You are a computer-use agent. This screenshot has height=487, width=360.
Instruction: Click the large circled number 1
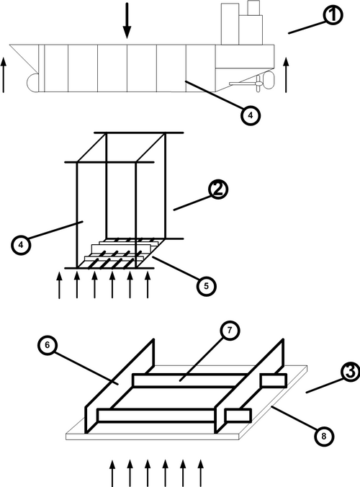(x=333, y=15)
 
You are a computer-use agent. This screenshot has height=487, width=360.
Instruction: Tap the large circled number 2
(x=218, y=189)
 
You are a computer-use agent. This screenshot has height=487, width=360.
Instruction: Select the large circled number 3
(x=351, y=372)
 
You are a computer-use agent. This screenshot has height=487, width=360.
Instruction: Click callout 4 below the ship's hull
(x=251, y=115)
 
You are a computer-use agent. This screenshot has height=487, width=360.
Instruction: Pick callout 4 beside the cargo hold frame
(x=21, y=245)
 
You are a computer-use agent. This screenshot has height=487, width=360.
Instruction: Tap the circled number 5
(x=207, y=286)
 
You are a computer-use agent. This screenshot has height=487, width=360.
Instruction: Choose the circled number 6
(x=48, y=345)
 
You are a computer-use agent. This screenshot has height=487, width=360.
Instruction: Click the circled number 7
(x=230, y=331)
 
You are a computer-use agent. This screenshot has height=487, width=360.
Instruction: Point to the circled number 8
(x=324, y=436)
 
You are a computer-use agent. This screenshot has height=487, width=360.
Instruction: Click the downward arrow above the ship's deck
(x=127, y=20)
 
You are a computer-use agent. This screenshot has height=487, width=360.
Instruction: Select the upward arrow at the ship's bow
(x=4, y=74)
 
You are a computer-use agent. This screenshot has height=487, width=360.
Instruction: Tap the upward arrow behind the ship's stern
(x=286, y=74)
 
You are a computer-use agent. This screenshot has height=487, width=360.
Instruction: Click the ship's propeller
(x=258, y=84)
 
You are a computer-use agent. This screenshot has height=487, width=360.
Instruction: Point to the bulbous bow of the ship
(x=32, y=83)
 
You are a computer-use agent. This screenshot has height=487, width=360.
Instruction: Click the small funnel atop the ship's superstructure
(x=253, y=8)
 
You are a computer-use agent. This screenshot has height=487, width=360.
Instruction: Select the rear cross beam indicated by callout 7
(x=189, y=380)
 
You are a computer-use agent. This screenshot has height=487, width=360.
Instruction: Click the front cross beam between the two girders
(x=156, y=416)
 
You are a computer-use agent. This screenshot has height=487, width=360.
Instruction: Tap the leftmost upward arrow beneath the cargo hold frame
(x=59, y=285)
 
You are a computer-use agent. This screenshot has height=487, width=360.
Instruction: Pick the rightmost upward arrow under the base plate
(x=201, y=473)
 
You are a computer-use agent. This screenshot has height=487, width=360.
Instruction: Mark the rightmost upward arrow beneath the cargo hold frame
(x=148, y=285)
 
